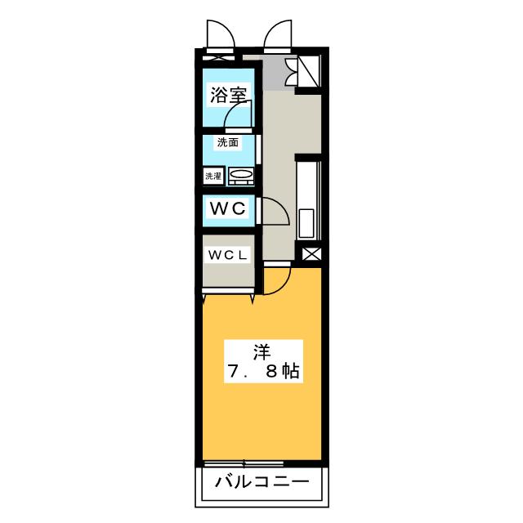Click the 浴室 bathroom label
pos(228,95)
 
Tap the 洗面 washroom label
pos(228,142)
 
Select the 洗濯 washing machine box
pos(213,175)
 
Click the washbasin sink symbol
pos(240,175)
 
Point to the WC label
pos(228,208)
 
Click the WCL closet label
pos(226,255)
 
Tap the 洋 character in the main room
pos(261,352)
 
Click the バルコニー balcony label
pos(261,482)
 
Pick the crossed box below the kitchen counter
pos(311,254)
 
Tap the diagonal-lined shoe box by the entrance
pos(309,70)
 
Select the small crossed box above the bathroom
pos(218,58)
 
